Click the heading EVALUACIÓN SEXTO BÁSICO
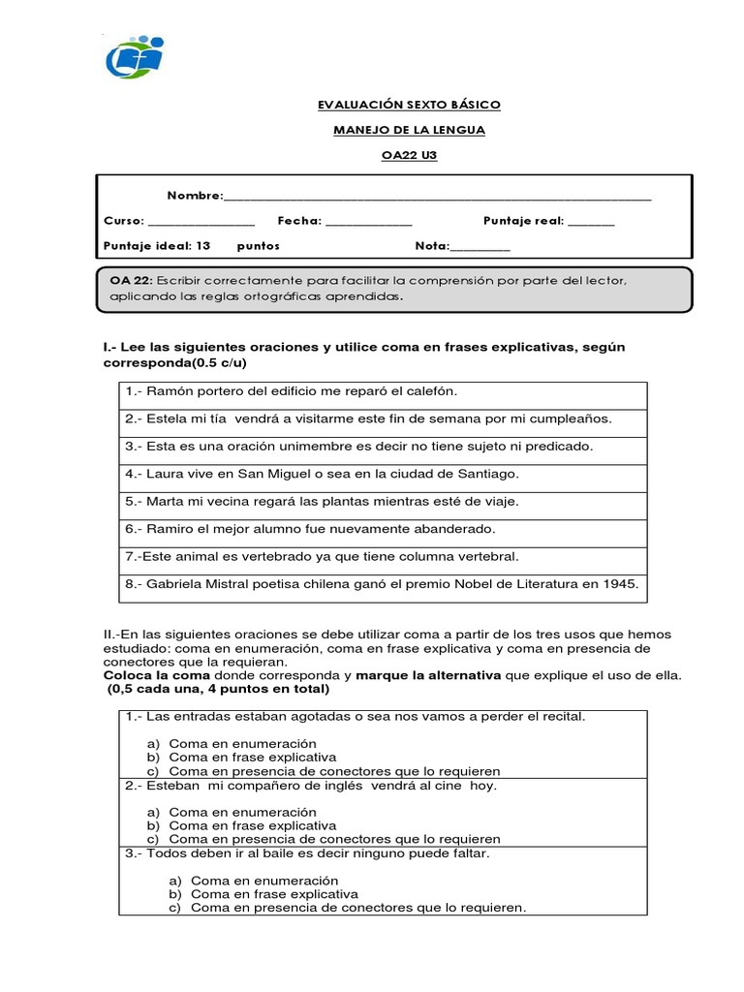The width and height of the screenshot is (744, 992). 396,105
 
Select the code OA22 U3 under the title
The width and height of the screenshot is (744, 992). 397,155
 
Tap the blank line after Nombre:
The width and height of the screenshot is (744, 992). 437,198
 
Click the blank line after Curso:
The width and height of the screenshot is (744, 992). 201,223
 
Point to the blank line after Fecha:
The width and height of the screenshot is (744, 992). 368,223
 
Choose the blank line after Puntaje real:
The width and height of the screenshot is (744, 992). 591,223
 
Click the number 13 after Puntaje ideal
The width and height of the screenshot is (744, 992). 203,246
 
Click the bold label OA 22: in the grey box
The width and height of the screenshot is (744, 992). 130,280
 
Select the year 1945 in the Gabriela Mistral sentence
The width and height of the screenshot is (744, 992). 617,584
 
